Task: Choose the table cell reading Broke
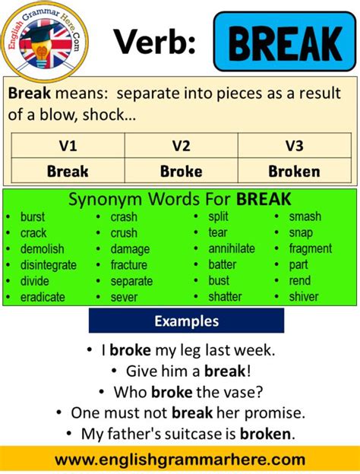point(181,171)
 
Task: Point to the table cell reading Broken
point(295,171)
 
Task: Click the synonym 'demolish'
point(43,249)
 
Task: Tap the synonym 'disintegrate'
point(49,265)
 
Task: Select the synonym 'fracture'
point(129,265)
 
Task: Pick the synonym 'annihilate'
point(232,249)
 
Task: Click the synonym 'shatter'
point(225,297)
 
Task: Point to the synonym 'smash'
point(305,216)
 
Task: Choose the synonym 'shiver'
point(304,297)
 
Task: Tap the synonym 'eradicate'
point(43,297)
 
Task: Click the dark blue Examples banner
point(186,321)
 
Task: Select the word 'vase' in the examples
point(249,393)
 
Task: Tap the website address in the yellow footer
point(180,460)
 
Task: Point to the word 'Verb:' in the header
point(155,43)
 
